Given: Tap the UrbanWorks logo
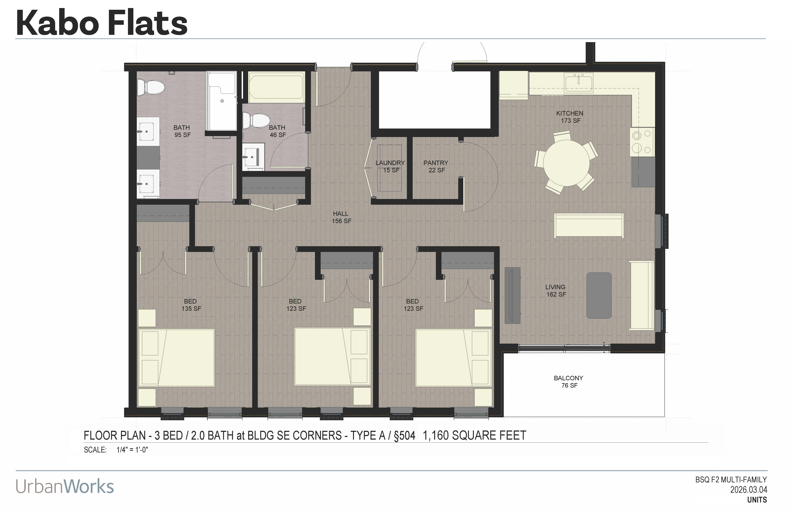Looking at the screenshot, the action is [65, 486].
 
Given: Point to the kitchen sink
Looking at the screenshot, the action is [579, 82].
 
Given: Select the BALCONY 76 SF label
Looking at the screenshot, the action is [569, 382].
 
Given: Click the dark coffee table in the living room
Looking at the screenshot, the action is [599, 295].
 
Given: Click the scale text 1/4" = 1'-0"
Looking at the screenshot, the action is [132, 450].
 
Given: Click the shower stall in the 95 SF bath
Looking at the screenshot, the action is [222, 101].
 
